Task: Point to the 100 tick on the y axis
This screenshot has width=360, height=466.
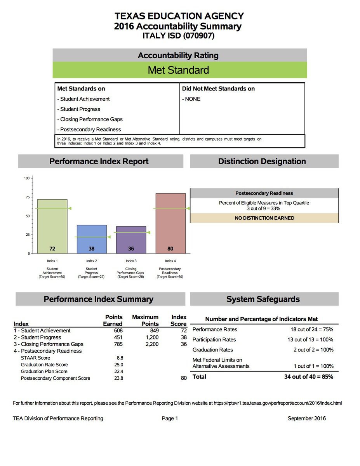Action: (27, 178)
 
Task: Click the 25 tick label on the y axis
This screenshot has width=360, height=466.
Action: (28, 235)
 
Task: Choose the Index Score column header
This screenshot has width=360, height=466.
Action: (179, 320)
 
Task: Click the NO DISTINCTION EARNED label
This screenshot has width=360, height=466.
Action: (264, 218)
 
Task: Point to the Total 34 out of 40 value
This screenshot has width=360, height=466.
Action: (308, 377)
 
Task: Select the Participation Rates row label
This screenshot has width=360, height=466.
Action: (214, 340)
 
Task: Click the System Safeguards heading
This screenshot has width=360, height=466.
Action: (263, 299)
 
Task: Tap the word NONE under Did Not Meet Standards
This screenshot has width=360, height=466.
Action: (193, 99)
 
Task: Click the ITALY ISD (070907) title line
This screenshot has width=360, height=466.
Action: (179, 36)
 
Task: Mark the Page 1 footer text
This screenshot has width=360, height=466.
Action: (170, 418)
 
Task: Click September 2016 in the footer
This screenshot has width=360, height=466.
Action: (306, 418)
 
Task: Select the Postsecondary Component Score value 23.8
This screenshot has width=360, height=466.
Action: (118, 378)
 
